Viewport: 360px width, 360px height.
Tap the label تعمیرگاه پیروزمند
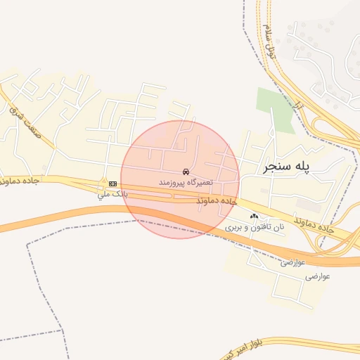[x=186, y=182]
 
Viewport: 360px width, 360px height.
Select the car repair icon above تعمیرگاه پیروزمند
[x=186, y=172]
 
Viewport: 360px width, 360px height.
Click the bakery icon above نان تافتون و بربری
[x=254, y=217]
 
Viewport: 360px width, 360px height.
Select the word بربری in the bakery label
[x=233, y=228]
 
